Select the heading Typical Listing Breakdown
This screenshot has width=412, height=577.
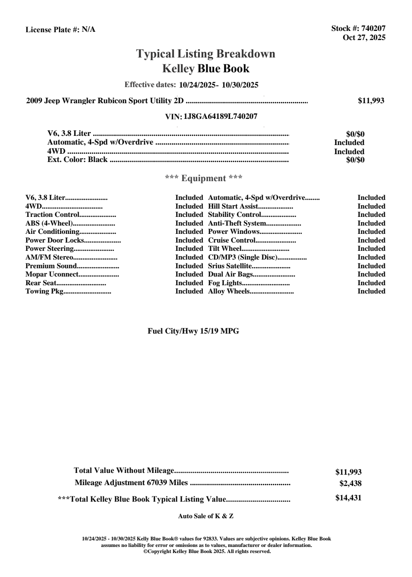pos(206,54)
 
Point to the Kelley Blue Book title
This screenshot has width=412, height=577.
pos(206,68)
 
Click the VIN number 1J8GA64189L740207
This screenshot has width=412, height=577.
pos(220,116)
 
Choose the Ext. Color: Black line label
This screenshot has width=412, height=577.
pos(77,159)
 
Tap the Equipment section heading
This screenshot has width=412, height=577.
pos(204,178)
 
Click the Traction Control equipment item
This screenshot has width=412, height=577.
pos(52,214)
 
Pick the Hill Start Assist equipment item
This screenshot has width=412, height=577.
pos(233,206)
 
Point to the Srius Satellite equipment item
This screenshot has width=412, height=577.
pos(230,266)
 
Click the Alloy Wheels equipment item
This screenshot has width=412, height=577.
pos(229,291)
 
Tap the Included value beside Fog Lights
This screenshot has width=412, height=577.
pos(371,283)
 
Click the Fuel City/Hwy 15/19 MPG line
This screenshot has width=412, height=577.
pos(193,331)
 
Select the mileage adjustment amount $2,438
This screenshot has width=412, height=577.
pos(351,483)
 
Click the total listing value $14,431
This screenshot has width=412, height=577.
pos(348,498)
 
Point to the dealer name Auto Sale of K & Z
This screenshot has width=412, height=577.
pos(206,516)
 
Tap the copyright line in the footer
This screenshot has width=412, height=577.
pos(207,551)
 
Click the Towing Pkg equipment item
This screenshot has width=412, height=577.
pos(44,291)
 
